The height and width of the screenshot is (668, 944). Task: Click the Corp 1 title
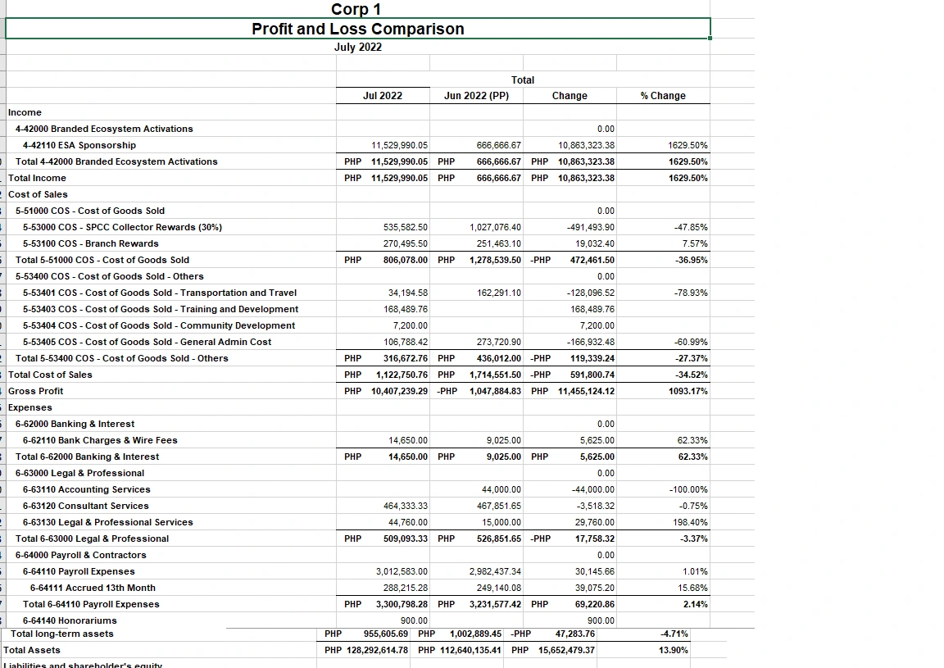pyautogui.click(x=356, y=9)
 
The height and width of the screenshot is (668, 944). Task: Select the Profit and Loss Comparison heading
pyautogui.click(x=358, y=29)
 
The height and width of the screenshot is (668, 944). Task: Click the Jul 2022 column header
pyautogui.click(x=383, y=96)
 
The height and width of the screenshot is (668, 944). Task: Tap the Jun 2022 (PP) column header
pyautogui.click(x=476, y=96)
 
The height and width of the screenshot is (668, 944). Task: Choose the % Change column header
pyautogui.click(x=663, y=96)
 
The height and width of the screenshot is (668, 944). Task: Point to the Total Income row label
pyautogui.click(x=38, y=178)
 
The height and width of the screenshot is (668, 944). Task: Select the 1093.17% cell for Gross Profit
pyautogui.click(x=688, y=391)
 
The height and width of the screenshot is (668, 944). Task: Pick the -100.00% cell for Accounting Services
pyautogui.click(x=688, y=489)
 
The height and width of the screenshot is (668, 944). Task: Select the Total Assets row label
pyautogui.click(x=32, y=650)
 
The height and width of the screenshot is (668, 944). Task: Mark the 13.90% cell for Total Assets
pyautogui.click(x=674, y=650)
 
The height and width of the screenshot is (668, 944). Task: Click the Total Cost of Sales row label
pyautogui.click(x=51, y=375)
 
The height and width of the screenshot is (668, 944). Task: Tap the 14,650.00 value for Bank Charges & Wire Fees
pyautogui.click(x=408, y=440)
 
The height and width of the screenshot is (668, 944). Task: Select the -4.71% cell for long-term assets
pyautogui.click(x=674, y=634)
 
